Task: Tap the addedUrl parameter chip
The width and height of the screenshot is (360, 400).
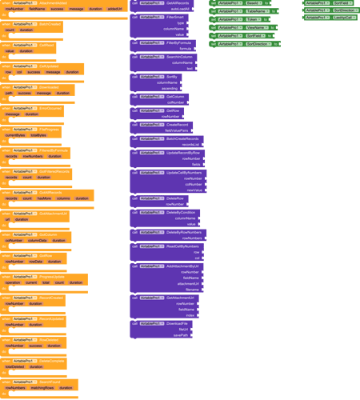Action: (x=115, y=9)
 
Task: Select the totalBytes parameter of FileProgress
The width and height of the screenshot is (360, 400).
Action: (x=38, y=135)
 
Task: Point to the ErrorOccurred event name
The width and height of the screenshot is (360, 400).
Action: (x=50, y=107)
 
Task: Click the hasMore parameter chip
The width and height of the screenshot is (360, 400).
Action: (x=44, y=198)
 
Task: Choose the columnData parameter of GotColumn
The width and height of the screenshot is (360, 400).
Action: (x=38, y=239)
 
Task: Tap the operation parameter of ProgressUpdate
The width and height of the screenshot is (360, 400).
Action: (x=13, y=282)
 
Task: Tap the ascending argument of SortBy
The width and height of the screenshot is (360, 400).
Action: (x=178, y=88)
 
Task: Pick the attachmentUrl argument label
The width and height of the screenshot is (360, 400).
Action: (x=188, y=283)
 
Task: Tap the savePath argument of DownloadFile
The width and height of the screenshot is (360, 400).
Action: (x=180, y=335)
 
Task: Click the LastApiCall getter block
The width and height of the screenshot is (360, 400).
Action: (x=342, y=17)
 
